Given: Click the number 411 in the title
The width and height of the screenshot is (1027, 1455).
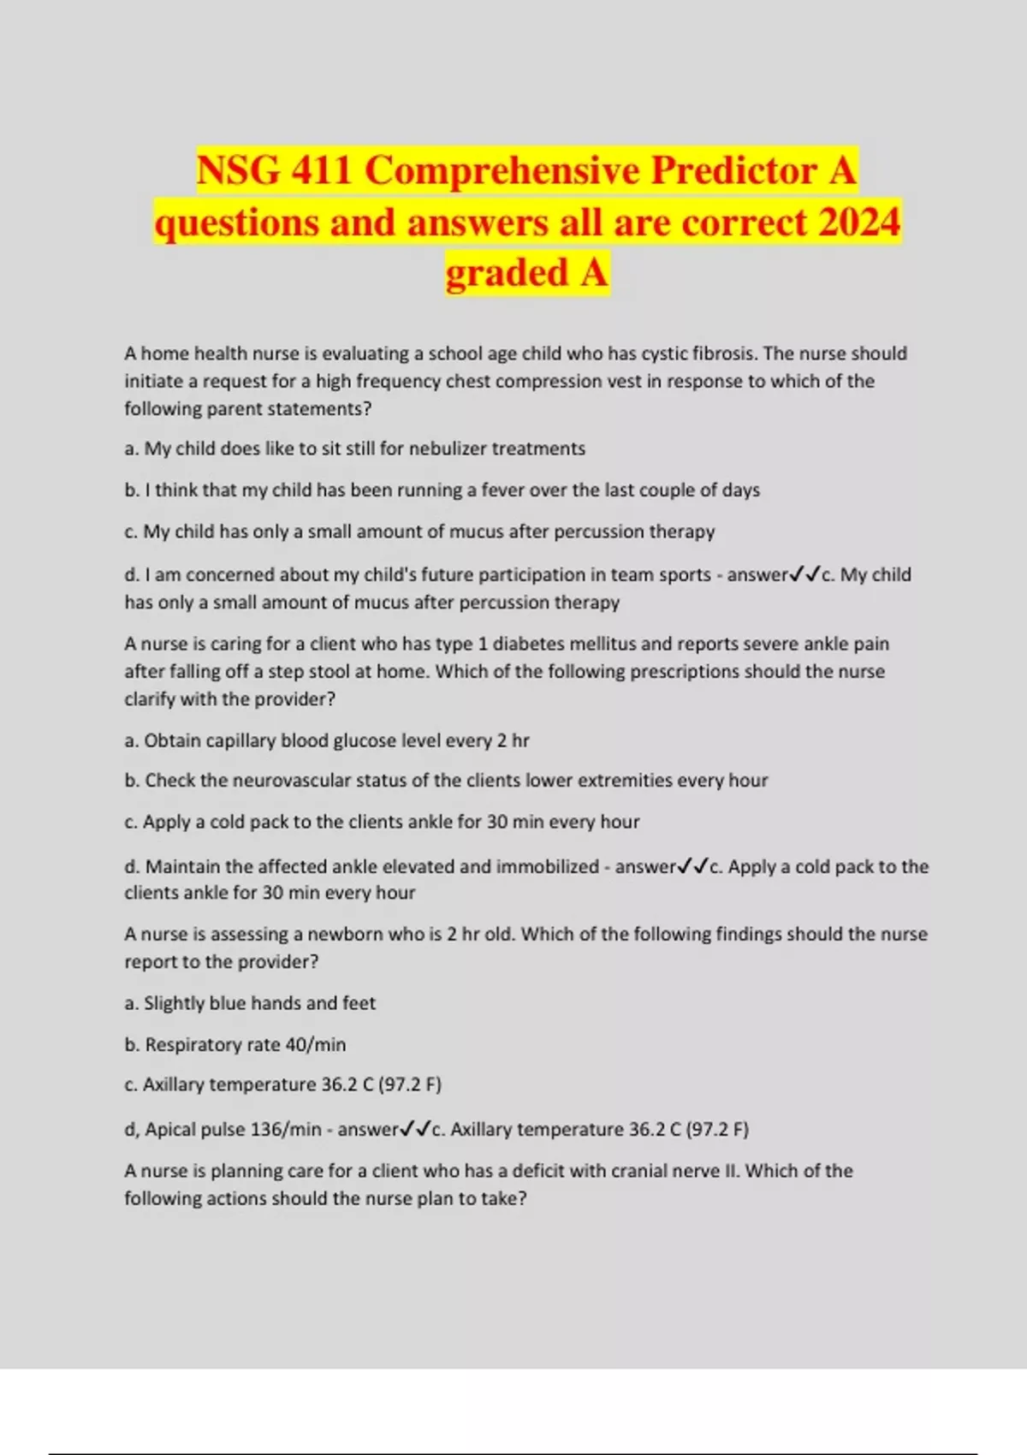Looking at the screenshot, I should (x=322, y=170).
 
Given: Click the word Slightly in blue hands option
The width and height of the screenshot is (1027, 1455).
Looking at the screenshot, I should (x=176, y=1003).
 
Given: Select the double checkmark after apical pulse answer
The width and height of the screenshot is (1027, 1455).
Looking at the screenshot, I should (x=415, y=1130).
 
